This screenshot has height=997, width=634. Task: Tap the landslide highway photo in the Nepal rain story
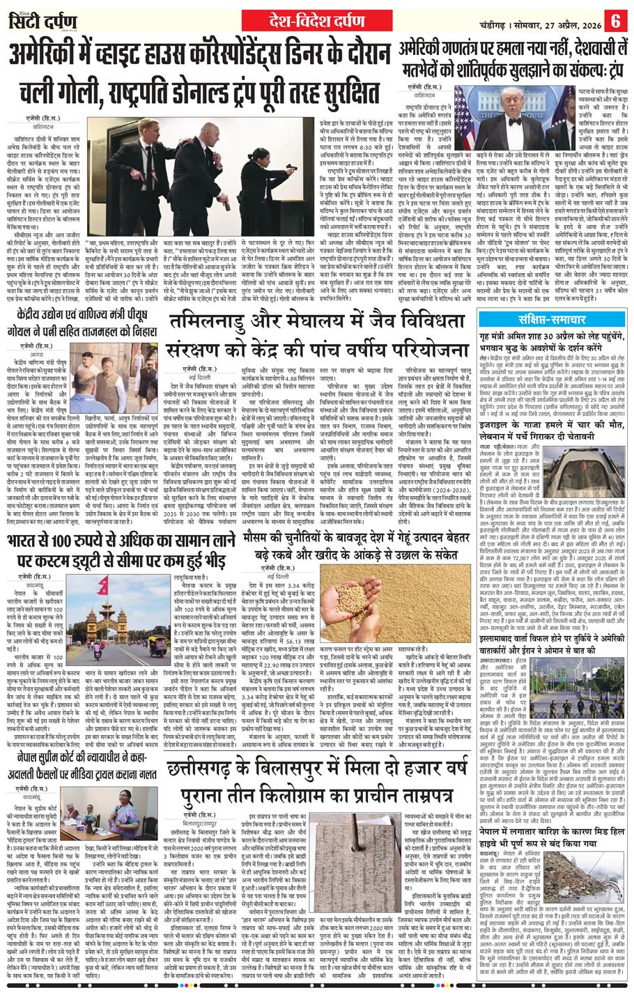coord(589,882)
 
